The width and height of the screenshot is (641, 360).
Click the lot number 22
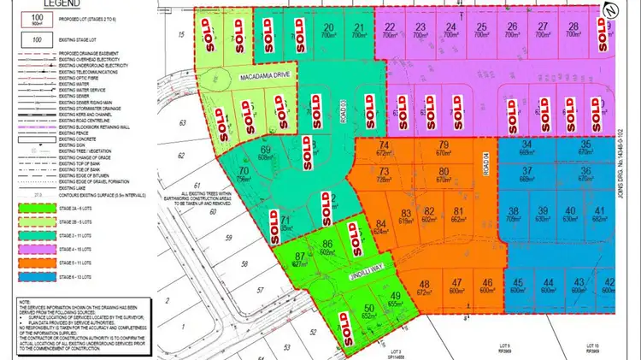[389, 27]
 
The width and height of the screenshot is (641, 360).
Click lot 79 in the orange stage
[443, 145]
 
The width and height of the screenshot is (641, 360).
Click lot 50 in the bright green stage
[369, 309]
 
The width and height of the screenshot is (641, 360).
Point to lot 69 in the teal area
[264, 151]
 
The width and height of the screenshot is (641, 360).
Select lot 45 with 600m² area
[516, 284]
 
